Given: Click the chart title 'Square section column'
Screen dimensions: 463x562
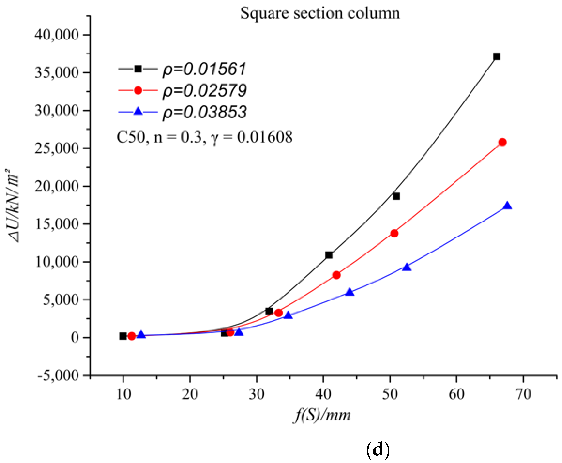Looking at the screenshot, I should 320,13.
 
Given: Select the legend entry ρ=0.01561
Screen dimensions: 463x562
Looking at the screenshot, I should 204,69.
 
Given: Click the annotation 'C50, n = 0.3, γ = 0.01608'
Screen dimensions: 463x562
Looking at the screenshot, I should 204,137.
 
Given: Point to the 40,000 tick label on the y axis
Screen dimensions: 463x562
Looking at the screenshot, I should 57,35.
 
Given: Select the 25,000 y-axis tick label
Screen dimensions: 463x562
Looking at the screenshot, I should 57,148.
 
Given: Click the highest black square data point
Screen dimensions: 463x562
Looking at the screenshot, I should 497,57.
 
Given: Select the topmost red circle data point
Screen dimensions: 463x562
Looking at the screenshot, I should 502,142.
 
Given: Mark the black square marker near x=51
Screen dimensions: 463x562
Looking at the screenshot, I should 396,196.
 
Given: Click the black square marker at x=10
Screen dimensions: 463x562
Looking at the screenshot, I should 123,336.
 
